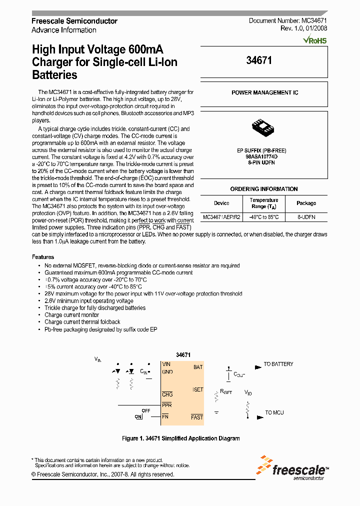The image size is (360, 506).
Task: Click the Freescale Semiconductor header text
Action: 74,21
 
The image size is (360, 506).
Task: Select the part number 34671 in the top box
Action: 259,60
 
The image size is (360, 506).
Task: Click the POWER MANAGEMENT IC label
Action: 264,93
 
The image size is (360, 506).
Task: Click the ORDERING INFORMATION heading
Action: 264,189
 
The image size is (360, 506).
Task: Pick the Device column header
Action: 221,203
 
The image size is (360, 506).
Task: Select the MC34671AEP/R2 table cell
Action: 221,217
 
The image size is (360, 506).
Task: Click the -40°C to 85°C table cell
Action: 264,217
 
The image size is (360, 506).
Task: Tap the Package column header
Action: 306,203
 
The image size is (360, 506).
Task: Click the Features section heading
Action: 43,256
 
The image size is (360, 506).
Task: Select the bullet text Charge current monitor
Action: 71,315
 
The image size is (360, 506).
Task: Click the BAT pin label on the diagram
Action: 198,367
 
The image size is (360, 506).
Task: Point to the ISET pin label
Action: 198,389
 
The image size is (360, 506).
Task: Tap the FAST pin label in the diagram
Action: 197,417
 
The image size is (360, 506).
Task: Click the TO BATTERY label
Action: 278,364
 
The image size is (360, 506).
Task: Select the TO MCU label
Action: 274,412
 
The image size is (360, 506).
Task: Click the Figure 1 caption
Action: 181,438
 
